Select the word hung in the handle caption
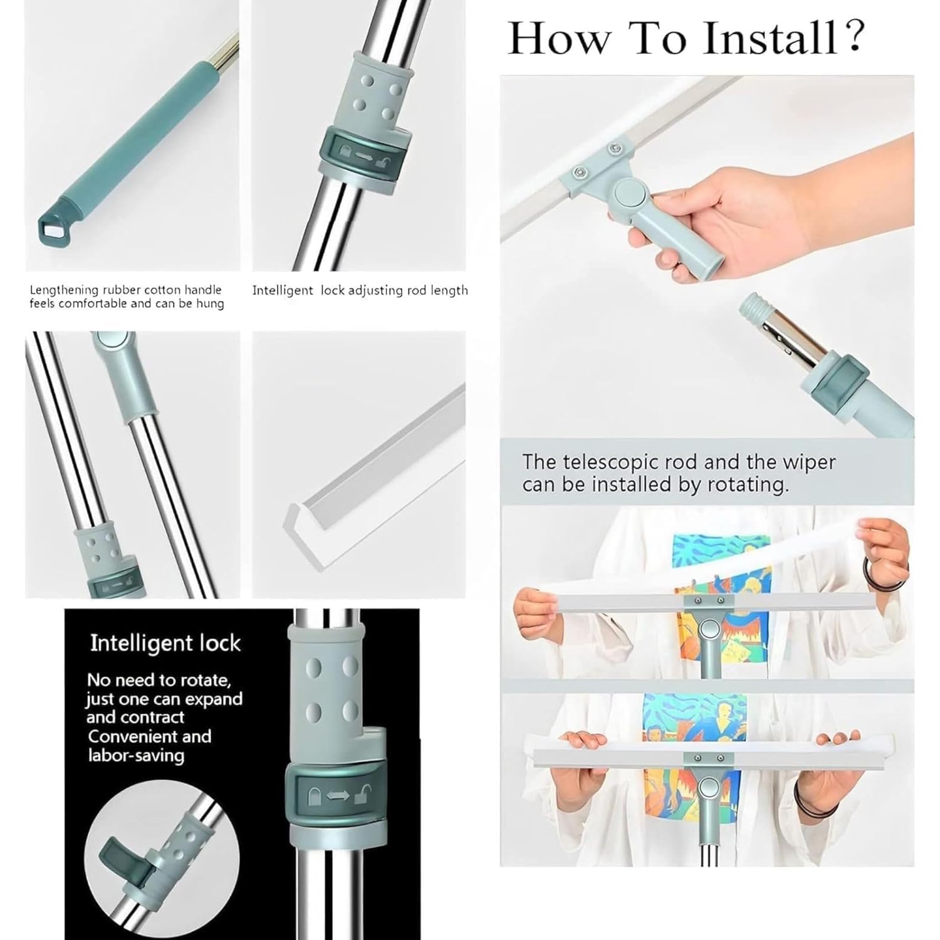point(210,304)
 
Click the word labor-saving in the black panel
point(135,755)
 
